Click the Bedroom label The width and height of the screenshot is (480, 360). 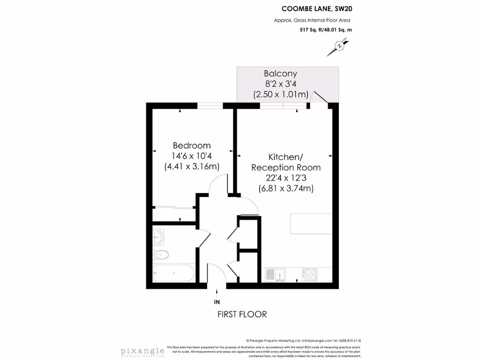click(192, 145)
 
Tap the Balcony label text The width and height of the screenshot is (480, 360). click(280, 74)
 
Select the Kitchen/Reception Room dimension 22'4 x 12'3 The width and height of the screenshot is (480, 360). click(286, 178)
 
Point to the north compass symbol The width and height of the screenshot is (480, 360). click(339, 47)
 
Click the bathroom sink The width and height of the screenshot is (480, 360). click(158, 237)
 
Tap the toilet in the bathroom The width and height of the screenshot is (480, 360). click(161, 255)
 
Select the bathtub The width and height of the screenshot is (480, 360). click(173, 273)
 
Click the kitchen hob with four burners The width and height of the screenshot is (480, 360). click(310, 274)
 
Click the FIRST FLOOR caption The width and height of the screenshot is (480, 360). click(242, 314)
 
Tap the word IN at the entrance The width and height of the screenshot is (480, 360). click(217, 302)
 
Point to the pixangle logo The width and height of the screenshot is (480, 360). click(142, 351)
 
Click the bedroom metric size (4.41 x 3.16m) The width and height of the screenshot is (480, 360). click(192, 166)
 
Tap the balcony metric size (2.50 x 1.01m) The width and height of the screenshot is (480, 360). click(280, 94)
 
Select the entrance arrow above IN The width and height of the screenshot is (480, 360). click(217, 292)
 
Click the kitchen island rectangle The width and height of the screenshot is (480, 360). click(311, 224)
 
